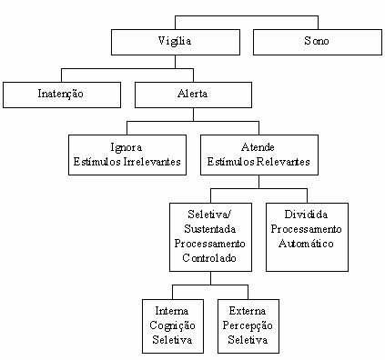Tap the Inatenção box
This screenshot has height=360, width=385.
coord(62,93)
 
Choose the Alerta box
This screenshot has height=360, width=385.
coord(192,93)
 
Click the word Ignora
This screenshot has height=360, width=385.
coord(127,146)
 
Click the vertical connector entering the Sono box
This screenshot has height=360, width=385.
coord(318,24)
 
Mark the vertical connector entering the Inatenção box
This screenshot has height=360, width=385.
coord(61,75)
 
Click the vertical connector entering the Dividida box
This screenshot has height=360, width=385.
coord(307,195)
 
